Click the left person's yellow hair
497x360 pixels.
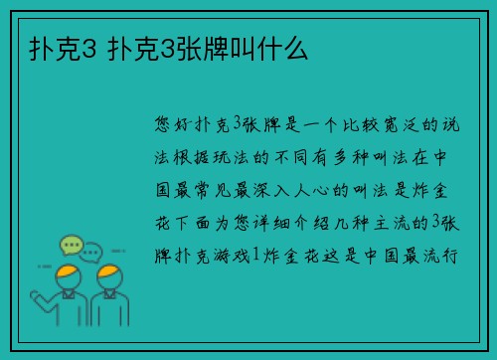67,271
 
